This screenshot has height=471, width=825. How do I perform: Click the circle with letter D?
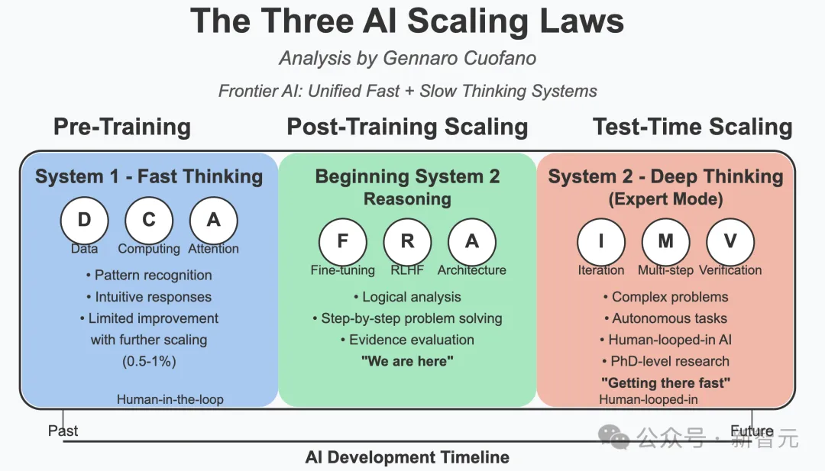pyautogui.click(x=84, y=221)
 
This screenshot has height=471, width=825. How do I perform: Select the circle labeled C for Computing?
pyautogui.click(x=149, y=221)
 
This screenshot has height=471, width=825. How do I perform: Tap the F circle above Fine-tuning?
pyautogui.click(x=342, y=242)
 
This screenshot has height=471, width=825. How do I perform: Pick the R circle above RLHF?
pyautogui.click(x=407, y=242)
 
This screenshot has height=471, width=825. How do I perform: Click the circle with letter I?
pyautogui.click(x=601, y=242)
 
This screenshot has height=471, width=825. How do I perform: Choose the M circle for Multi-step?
pyautogui.click(x=665, y=242)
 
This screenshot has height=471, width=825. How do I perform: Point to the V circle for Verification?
pyautogui.click(x=730, y=242)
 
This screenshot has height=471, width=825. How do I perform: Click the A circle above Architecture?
pyautogui.click(x=472, y=242)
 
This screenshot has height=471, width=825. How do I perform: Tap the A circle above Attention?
pyautogui.click(x=214, y=221)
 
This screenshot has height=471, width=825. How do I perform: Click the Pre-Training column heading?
pyautogui.click(x=122, y=127)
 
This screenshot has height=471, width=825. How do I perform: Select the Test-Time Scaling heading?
pyautogui.click(x=692, y=127)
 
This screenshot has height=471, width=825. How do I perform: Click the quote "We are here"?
pyautogui.click(x=407, y=361)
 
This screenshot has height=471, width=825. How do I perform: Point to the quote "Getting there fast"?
pyautogui.click(x=665, y=382)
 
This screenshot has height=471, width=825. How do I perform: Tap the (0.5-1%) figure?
pyautogui.click(x=149, y=362)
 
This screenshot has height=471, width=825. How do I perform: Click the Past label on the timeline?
pyautogui.click(x=63, y=431)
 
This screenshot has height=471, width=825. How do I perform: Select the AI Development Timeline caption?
pyautogui.click(x=407, y=457)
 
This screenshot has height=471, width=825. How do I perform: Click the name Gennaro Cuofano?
pyautogui.click(x=459, y=58)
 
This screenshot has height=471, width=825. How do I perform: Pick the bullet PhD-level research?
pyautogui.click(x=665, y=362)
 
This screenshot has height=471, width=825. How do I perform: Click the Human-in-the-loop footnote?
pyautogui.click(x=170, y=399)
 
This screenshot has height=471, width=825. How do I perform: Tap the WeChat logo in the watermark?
pyautogui.click(x=613, y=437)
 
